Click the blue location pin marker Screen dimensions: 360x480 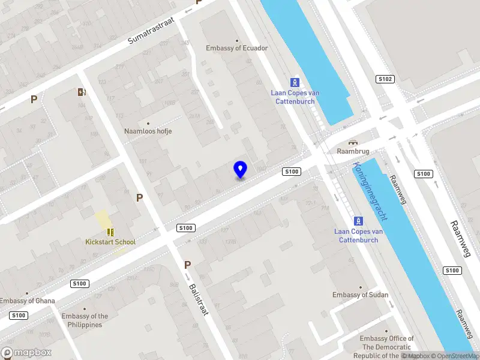pos(241,170)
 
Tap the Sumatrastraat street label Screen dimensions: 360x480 pos(151,31)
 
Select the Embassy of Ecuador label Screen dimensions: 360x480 pos(236,48)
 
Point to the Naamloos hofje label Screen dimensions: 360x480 pos(148,131)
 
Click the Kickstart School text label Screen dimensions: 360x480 pos(110,242)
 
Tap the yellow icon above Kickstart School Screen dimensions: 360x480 pos(110,232)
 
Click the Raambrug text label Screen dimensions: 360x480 pos(352,151)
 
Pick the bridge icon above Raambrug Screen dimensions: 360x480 pos(352,142)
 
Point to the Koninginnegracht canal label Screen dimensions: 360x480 pos(371,191)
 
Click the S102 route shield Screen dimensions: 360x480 pos(385,79)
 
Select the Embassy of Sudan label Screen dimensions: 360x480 pos(361,295)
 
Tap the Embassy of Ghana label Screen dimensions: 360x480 pos(28,301)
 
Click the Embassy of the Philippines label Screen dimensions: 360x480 pos(85,320)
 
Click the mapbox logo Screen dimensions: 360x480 pos(26,352)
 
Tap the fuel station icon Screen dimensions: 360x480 pos(81,92)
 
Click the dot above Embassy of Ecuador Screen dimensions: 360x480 pos(236,41)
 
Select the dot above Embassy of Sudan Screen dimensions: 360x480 pos(361,287)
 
